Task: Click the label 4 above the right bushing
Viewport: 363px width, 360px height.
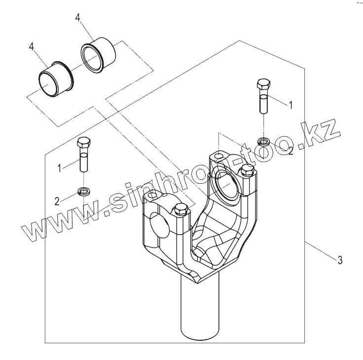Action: click(x=78, y=17)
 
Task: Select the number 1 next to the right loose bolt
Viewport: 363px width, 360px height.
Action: click(x=290, y=105)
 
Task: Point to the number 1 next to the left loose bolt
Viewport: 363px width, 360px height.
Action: click(x=59, y=168)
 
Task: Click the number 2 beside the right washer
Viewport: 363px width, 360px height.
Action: click(x=290, y=151)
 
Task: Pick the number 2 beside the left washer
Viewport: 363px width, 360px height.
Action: click(x=57, y=200)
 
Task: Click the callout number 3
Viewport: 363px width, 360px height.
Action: click(x=340, y=260)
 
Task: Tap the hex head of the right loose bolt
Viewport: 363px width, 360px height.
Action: click(x=262, y=84)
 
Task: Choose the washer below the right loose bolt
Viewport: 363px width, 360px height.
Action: click(x=263, y=141)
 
